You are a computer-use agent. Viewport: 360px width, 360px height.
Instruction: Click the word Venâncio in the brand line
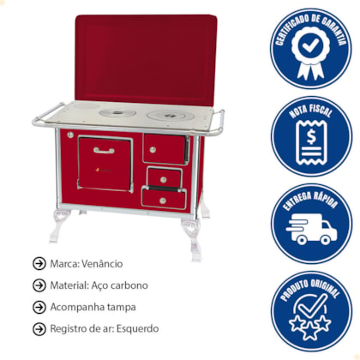[102, 263]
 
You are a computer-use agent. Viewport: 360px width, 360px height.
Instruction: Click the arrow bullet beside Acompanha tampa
[39, 307]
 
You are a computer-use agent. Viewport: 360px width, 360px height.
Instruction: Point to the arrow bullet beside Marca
[39, 264]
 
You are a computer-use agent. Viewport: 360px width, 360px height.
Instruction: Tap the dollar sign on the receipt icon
[311, 137]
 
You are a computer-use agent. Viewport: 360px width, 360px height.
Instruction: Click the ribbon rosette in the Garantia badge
[311, 53]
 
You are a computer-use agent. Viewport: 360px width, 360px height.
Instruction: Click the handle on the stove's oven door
[104, 150]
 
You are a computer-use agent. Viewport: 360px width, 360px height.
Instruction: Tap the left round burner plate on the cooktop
[117, 113]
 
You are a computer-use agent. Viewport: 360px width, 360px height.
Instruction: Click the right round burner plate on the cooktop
[171, 116]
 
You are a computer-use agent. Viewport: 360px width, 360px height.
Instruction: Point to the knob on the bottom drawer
[163, 201]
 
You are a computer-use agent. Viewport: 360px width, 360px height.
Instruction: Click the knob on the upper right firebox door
[153, 149]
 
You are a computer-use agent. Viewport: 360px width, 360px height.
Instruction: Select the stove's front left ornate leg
[61, 225]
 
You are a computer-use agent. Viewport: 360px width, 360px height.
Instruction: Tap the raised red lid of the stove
[146, 59]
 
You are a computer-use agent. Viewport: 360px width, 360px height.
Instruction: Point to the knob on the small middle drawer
[164, 180]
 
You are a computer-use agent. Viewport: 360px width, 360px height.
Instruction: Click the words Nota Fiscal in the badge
[311, 111]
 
